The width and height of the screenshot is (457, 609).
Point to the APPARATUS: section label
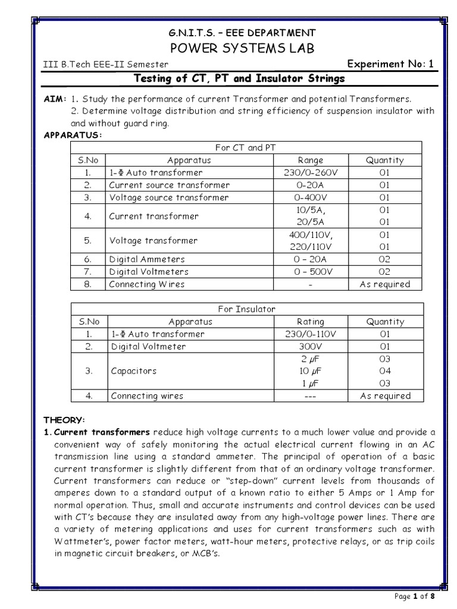point(73,135)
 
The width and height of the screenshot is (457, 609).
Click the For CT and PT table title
point(246,147)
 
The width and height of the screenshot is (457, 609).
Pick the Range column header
point(310,160)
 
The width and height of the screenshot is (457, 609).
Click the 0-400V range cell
point(310,197)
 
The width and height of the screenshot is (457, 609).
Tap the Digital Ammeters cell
point(147,259)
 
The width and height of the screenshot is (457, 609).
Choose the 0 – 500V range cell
point(310,272)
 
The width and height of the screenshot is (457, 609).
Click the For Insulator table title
point(247,309)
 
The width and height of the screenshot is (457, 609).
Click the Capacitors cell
point(134,371)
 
